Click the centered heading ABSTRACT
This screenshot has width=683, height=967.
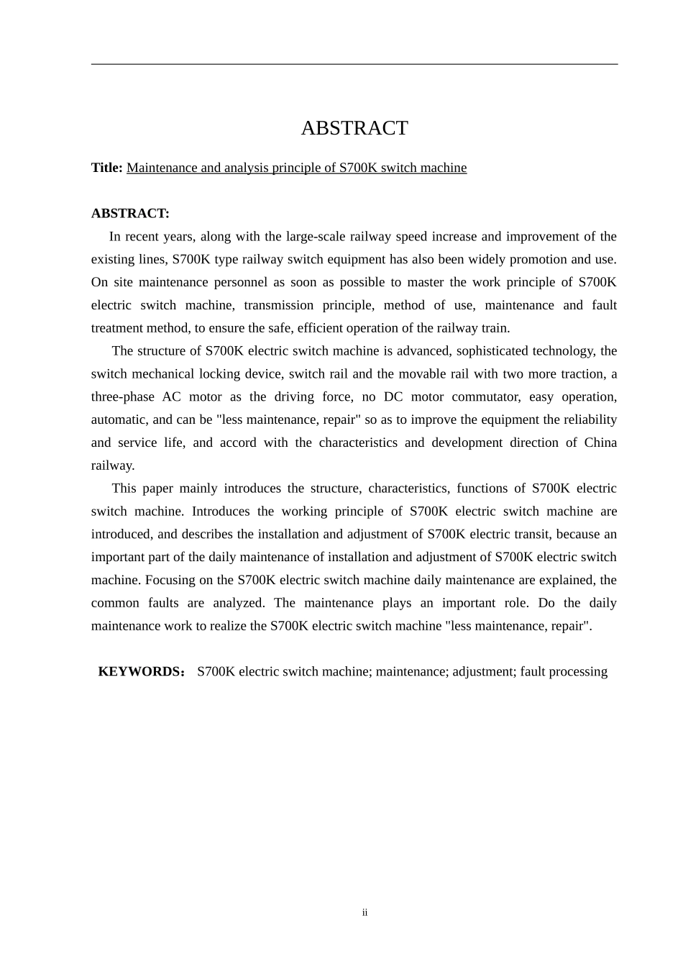click(354, 128)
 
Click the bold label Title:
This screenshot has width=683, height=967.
click(106, 168)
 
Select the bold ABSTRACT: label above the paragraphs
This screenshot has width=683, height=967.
click(130, 214)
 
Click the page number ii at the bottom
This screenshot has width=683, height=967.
click(365, 912)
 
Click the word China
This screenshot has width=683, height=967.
click(600, 442)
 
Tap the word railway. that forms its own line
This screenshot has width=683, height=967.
click(113, 466)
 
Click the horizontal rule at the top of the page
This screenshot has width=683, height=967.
click(354, 64)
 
